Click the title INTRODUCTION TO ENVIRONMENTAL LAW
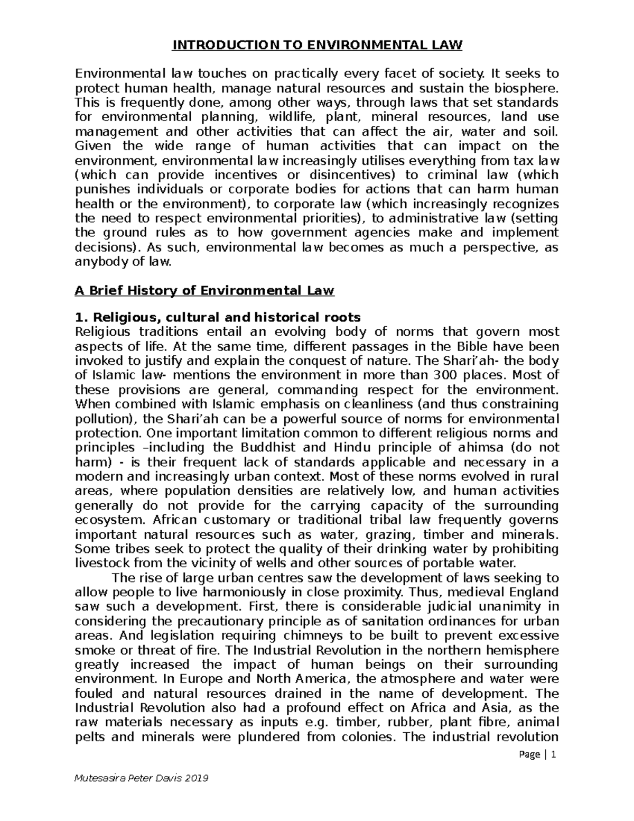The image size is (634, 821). (317, 45)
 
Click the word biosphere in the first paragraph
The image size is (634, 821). (525, 87)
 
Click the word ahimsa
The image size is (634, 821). (479, 448)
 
